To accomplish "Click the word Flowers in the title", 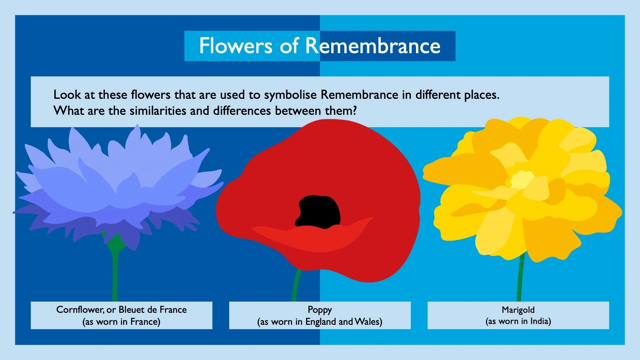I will click(x=236, y=46).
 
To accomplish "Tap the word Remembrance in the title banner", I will click(x=373, y=46).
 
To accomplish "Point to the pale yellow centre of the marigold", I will click(x=522, y=180).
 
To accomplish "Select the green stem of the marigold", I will click(x=520, y=280).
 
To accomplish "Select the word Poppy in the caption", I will click(x=320, y=310).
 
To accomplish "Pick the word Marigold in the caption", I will click(x=518, y=310).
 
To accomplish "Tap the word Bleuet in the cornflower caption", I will click(x=132, y=310).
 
